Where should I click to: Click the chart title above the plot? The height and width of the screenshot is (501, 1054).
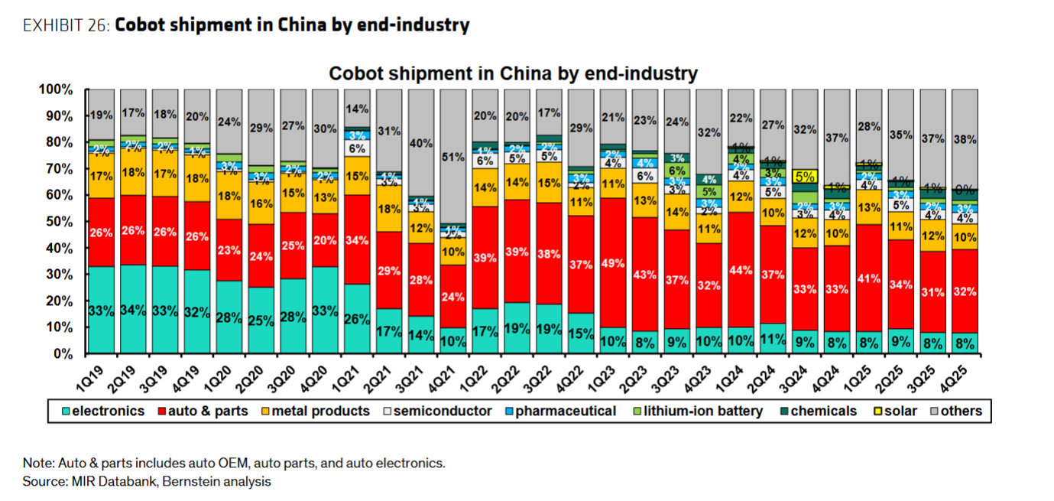(x=513, y=73)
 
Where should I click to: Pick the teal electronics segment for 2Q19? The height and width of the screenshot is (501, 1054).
(x=134, y=310)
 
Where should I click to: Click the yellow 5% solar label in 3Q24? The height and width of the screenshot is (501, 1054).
(x=806, y=176)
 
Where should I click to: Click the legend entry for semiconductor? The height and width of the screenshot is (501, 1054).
(x=439, y=412)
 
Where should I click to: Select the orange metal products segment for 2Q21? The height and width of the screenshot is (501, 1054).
(x=389, y=208)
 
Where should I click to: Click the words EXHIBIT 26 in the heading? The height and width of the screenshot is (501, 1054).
(x=66, y=25)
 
